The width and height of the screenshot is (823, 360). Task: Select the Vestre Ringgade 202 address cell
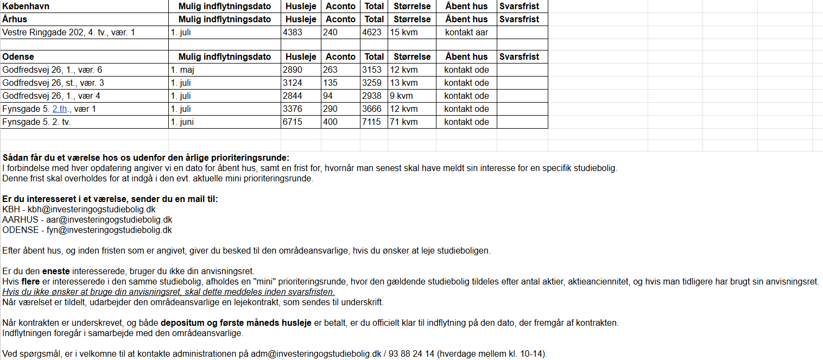(x=68, y=32)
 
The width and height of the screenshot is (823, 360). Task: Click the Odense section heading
(x=18, y=56)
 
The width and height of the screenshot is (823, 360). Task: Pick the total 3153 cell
(x=372, y=70)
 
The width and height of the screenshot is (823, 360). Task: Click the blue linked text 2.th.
(x=61, y=109)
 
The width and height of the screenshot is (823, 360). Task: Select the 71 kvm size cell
(x=404, y=122)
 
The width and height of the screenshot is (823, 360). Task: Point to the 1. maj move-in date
(x=182, y=70)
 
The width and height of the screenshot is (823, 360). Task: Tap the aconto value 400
(x=331, y=122)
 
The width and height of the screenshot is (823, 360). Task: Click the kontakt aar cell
(x=466, y=32)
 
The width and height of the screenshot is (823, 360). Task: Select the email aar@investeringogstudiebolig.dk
(x=109, y=219)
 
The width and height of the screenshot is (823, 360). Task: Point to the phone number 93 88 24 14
(x=415, y=354)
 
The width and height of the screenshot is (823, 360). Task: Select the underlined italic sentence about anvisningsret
(x=168, y=292)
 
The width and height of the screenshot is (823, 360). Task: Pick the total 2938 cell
(x=372, y=96)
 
